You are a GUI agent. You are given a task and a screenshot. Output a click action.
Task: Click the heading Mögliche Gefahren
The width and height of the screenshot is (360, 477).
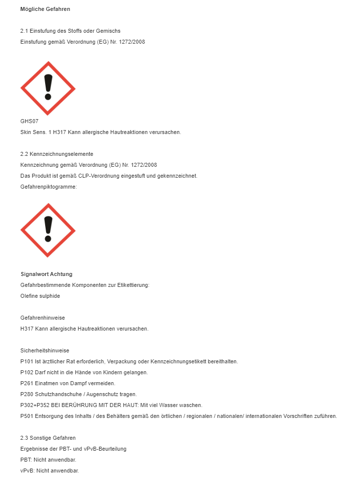(x=45, y=9)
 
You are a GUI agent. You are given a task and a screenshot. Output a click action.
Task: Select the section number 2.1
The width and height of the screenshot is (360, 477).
(x=24, y=31)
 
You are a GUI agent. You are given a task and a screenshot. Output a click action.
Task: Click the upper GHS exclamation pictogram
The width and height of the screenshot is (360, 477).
(x=48, y=88)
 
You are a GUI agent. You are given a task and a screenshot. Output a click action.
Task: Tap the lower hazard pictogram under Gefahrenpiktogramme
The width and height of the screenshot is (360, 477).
(x=48, y=230)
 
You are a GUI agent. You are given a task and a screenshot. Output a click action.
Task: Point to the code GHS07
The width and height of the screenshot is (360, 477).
(x=29, y=121)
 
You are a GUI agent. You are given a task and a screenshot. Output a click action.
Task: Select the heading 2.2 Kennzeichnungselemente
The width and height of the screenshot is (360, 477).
(x=57, y=154)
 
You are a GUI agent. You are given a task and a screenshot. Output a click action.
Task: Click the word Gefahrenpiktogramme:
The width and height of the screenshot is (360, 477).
(x=49, y=187)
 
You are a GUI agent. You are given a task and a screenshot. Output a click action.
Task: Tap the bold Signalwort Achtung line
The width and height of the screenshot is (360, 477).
(x=46, y=274)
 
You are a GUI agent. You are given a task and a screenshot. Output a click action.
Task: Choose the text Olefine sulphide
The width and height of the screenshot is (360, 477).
(x=40, y=296)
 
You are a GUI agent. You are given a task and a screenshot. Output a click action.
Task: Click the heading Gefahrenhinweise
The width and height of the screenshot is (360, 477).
(x=43, y=318)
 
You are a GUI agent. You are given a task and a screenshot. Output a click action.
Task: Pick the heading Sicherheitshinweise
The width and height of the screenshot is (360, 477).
(x=45, y=350)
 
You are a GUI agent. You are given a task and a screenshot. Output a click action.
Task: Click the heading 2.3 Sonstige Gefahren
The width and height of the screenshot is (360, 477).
(x=48, y=438)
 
